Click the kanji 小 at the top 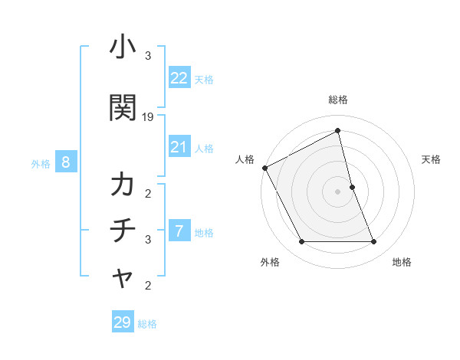pos(122,48)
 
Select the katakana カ pos(123,186)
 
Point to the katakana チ pos(123,231)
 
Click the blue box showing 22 pos(179,78)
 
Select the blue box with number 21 pos(179,148)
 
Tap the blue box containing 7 pos(179,231)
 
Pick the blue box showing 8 pos(66,162)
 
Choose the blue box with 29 pos(123,322)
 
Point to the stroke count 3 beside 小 pos(148,56)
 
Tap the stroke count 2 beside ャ pos(148,286)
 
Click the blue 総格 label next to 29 pos(147,324)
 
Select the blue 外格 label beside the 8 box pos(41,163)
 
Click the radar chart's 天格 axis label pos(432,159)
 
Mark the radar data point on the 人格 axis pos(264,168)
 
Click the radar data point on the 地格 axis pos(373,242)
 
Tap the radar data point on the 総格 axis pos(338,131)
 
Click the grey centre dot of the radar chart pos(337,191)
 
